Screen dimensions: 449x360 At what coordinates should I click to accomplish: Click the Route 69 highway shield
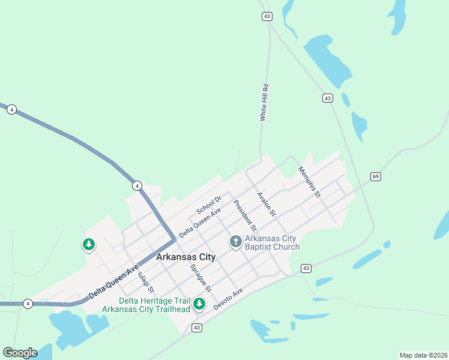pos(376,176)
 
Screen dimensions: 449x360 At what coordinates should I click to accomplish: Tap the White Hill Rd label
pos(264,103)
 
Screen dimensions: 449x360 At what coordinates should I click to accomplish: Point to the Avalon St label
pos(265,204)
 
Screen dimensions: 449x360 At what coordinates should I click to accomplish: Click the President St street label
pos(245,216)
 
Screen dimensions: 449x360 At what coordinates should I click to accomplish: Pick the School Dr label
pos(209,205)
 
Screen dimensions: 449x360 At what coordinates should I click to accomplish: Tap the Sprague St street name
pos(200,277)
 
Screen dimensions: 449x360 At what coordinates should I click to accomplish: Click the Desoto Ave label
pos(228,298)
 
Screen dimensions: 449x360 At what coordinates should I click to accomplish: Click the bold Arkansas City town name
pos(185,257)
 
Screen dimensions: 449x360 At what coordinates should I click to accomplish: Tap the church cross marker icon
pos(236,242)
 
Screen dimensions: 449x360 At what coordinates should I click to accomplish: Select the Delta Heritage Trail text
pos(154,301)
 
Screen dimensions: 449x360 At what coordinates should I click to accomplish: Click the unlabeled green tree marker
pos(89,244)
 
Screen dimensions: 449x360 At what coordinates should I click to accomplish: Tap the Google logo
pos(20,353)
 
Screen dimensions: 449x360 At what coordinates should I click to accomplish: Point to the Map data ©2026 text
pos(423,355)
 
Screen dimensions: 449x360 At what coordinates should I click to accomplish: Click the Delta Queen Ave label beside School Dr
pos(200,222)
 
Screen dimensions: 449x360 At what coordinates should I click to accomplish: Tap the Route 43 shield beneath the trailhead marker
pos(197,328)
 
